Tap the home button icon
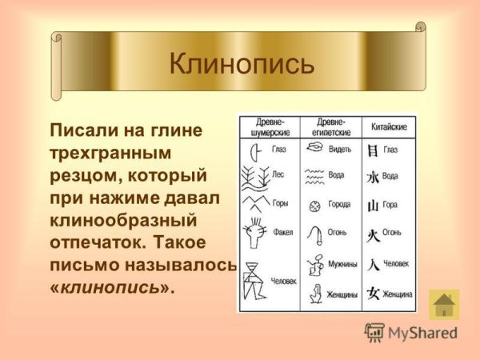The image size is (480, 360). coord(444,306)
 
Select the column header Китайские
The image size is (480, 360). coord(390,127)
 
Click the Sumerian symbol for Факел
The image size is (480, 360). coord(258,233)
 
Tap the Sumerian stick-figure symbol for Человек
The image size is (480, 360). coord(256,280)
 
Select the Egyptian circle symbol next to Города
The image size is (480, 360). coord(314,205)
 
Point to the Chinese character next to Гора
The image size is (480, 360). coord(372,205)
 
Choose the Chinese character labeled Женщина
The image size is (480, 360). coord(372,294)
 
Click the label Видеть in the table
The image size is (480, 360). coord(341,149)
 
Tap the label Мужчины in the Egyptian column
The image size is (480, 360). coord(345,264)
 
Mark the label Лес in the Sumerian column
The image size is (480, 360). coord(278,173)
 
